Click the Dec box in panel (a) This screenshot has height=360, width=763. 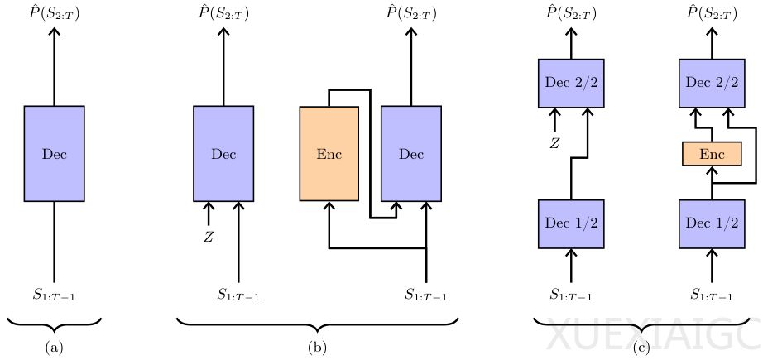[54, 154]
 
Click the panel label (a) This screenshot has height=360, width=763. [54, 348]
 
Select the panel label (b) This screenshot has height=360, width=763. [316, 348]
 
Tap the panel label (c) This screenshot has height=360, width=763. [642, 348]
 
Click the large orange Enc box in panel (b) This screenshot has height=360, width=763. [329, 154]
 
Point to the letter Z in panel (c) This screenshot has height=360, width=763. [555, 144]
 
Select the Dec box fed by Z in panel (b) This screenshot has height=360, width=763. [223, 154]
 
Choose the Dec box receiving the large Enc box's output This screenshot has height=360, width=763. [411, 154]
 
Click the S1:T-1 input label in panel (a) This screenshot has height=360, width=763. [54, 294]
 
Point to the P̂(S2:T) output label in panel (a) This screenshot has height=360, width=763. [54, 12]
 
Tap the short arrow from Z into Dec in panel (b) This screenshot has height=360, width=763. [209, 214]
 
